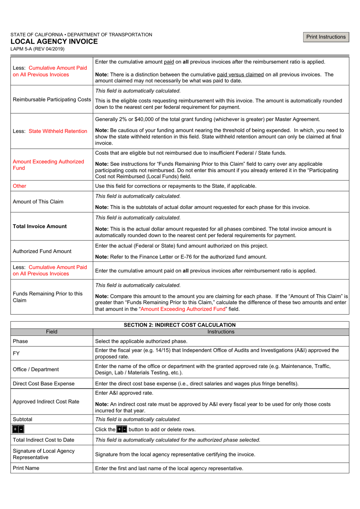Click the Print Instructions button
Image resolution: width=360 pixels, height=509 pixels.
click(326, 37)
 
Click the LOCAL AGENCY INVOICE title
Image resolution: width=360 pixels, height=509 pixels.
click(54, 42)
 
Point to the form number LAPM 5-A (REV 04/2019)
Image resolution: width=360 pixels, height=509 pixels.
click(37, 49)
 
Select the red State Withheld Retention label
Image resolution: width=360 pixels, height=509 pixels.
click(58, 131)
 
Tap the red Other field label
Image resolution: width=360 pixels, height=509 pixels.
click(19, 186)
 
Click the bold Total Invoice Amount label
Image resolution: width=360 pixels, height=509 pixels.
click(39, 226)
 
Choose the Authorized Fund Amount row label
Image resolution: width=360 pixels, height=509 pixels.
click(42, 251)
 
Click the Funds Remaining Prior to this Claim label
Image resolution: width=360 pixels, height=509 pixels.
click(47, 297)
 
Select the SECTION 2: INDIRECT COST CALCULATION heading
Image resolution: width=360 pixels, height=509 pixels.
click(180, 325)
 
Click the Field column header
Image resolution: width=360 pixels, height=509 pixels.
click(52, 332)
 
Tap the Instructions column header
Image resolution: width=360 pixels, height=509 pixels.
click(221, 332)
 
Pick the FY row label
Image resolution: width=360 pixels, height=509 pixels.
click(16, 353)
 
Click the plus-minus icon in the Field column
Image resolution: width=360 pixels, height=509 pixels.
click(18, 429)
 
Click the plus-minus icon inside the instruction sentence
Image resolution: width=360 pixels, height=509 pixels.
click(122, 429)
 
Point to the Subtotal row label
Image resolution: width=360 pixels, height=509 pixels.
click(22, 419)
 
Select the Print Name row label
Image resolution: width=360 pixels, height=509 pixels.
click(26, 468)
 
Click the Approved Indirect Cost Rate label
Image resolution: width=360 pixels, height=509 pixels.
click(46, 402)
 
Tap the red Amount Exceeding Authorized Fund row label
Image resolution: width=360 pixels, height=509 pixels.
click(48, 165)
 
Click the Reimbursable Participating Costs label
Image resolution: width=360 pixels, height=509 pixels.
click(52, 99)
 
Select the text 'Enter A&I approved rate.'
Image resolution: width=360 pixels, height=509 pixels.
click(124, 393)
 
